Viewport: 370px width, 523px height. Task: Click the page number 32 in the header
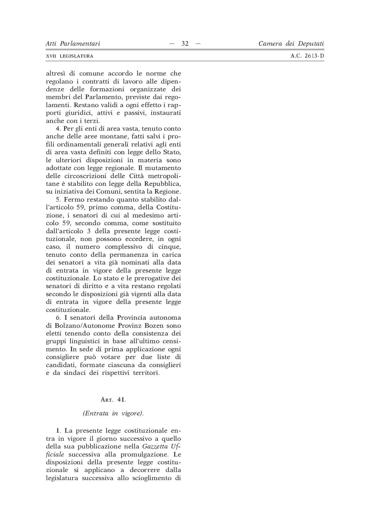tap(185, 44)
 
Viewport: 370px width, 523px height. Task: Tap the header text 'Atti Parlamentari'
tap(73, 44)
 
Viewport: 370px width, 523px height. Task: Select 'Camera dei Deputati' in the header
tap(291, 44)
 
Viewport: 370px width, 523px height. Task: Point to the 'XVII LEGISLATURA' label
tap(69, 56)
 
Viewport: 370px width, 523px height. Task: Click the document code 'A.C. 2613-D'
tap(307, 56)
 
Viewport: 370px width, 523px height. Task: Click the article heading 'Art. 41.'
tap(113, 399)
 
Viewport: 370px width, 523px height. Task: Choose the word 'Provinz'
tap(130, 325)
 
